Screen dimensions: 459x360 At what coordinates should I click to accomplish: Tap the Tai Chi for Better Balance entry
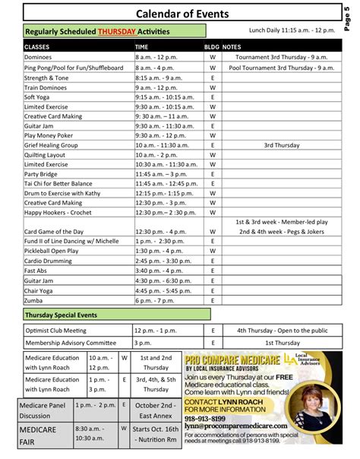click(58, 184)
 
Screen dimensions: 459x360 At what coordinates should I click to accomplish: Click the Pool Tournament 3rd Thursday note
click(280, 67)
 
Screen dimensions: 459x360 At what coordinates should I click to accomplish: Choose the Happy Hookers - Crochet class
click(58, 213)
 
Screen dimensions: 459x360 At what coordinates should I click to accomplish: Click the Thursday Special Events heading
click(62, 315)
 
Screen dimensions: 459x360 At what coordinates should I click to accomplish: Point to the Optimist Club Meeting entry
click(58, 331)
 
